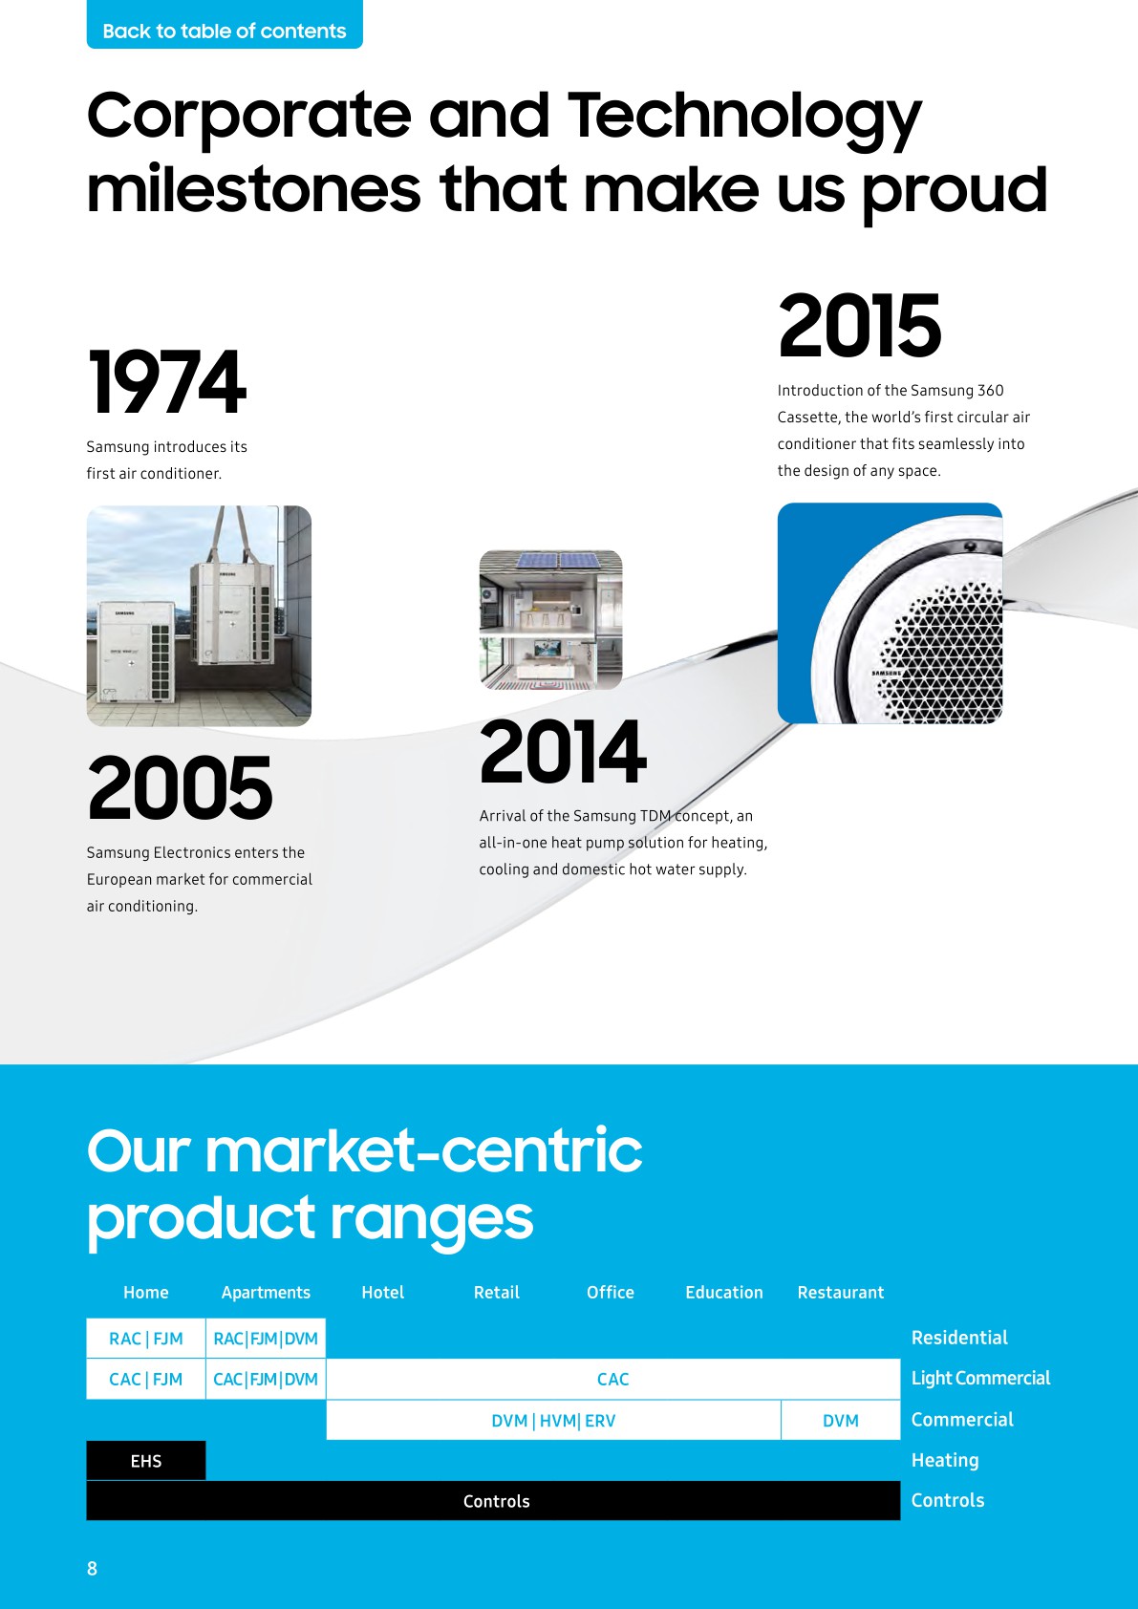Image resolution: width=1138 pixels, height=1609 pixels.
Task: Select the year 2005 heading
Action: coord(180,788)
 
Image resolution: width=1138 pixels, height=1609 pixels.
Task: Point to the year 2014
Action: coord(563,753)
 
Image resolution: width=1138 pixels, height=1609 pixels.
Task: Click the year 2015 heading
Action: coord(860,327)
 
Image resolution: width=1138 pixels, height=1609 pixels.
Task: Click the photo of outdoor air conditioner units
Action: coord(199,616)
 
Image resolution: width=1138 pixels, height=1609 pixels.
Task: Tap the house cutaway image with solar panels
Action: coord(550,619)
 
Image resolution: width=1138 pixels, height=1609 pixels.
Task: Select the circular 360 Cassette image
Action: coord(890,613)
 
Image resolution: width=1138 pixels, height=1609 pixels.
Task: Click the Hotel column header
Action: coord(382,1293)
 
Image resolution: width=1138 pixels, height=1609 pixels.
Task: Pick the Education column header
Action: coord(724,1293)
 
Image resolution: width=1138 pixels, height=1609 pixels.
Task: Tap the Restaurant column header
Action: coord(841,1293)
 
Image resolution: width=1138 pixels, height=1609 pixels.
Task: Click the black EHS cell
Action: coord(146,1461)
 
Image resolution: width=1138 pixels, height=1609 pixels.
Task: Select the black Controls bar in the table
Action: coord(496,1501)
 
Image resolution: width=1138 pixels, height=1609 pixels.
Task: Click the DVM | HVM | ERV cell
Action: coord(553,1421)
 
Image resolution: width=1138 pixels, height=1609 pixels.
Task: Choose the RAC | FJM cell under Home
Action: coord(146,1339)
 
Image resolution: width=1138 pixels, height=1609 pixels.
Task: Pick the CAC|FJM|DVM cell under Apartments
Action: coord(266,1380)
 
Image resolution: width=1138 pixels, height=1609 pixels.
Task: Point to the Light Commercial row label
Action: coord(980,1378)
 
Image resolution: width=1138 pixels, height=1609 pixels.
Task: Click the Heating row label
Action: coord(945,1460)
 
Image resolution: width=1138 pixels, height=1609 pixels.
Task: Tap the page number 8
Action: coord(93,1568)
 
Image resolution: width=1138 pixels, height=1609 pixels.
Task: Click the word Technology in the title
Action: coord(744,117)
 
